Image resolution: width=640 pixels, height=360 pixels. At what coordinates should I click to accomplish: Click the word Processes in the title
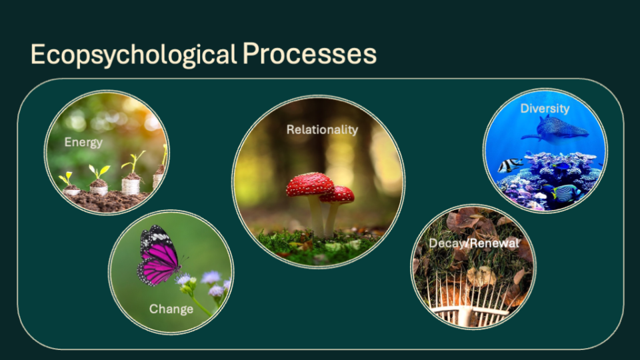(309, 54)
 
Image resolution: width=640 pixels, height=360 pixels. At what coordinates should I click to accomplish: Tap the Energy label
(83, 143)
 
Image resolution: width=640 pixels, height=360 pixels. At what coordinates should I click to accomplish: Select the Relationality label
(322, 130)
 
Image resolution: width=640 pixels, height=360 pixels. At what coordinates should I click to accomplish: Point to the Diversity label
(545, 109)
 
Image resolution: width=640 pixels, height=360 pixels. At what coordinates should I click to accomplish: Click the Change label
(171, 309)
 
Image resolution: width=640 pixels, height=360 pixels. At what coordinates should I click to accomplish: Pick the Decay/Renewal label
(474, 243)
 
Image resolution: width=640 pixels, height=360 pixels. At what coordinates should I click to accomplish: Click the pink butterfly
(159, 255)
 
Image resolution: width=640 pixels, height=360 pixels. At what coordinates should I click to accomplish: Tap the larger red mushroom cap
(310, 184)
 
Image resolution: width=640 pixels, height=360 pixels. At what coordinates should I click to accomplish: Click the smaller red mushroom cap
(338, 195)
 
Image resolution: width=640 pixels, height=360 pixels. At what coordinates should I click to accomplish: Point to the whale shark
(555, 129)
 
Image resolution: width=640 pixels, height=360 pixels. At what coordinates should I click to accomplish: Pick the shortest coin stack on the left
(71, 190)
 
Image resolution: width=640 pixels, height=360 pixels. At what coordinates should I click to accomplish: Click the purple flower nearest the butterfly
(183, 279)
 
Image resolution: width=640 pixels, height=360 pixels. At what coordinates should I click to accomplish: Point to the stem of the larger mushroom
(316, 215)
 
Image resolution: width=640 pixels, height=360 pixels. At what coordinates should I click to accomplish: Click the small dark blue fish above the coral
(561, 166)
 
